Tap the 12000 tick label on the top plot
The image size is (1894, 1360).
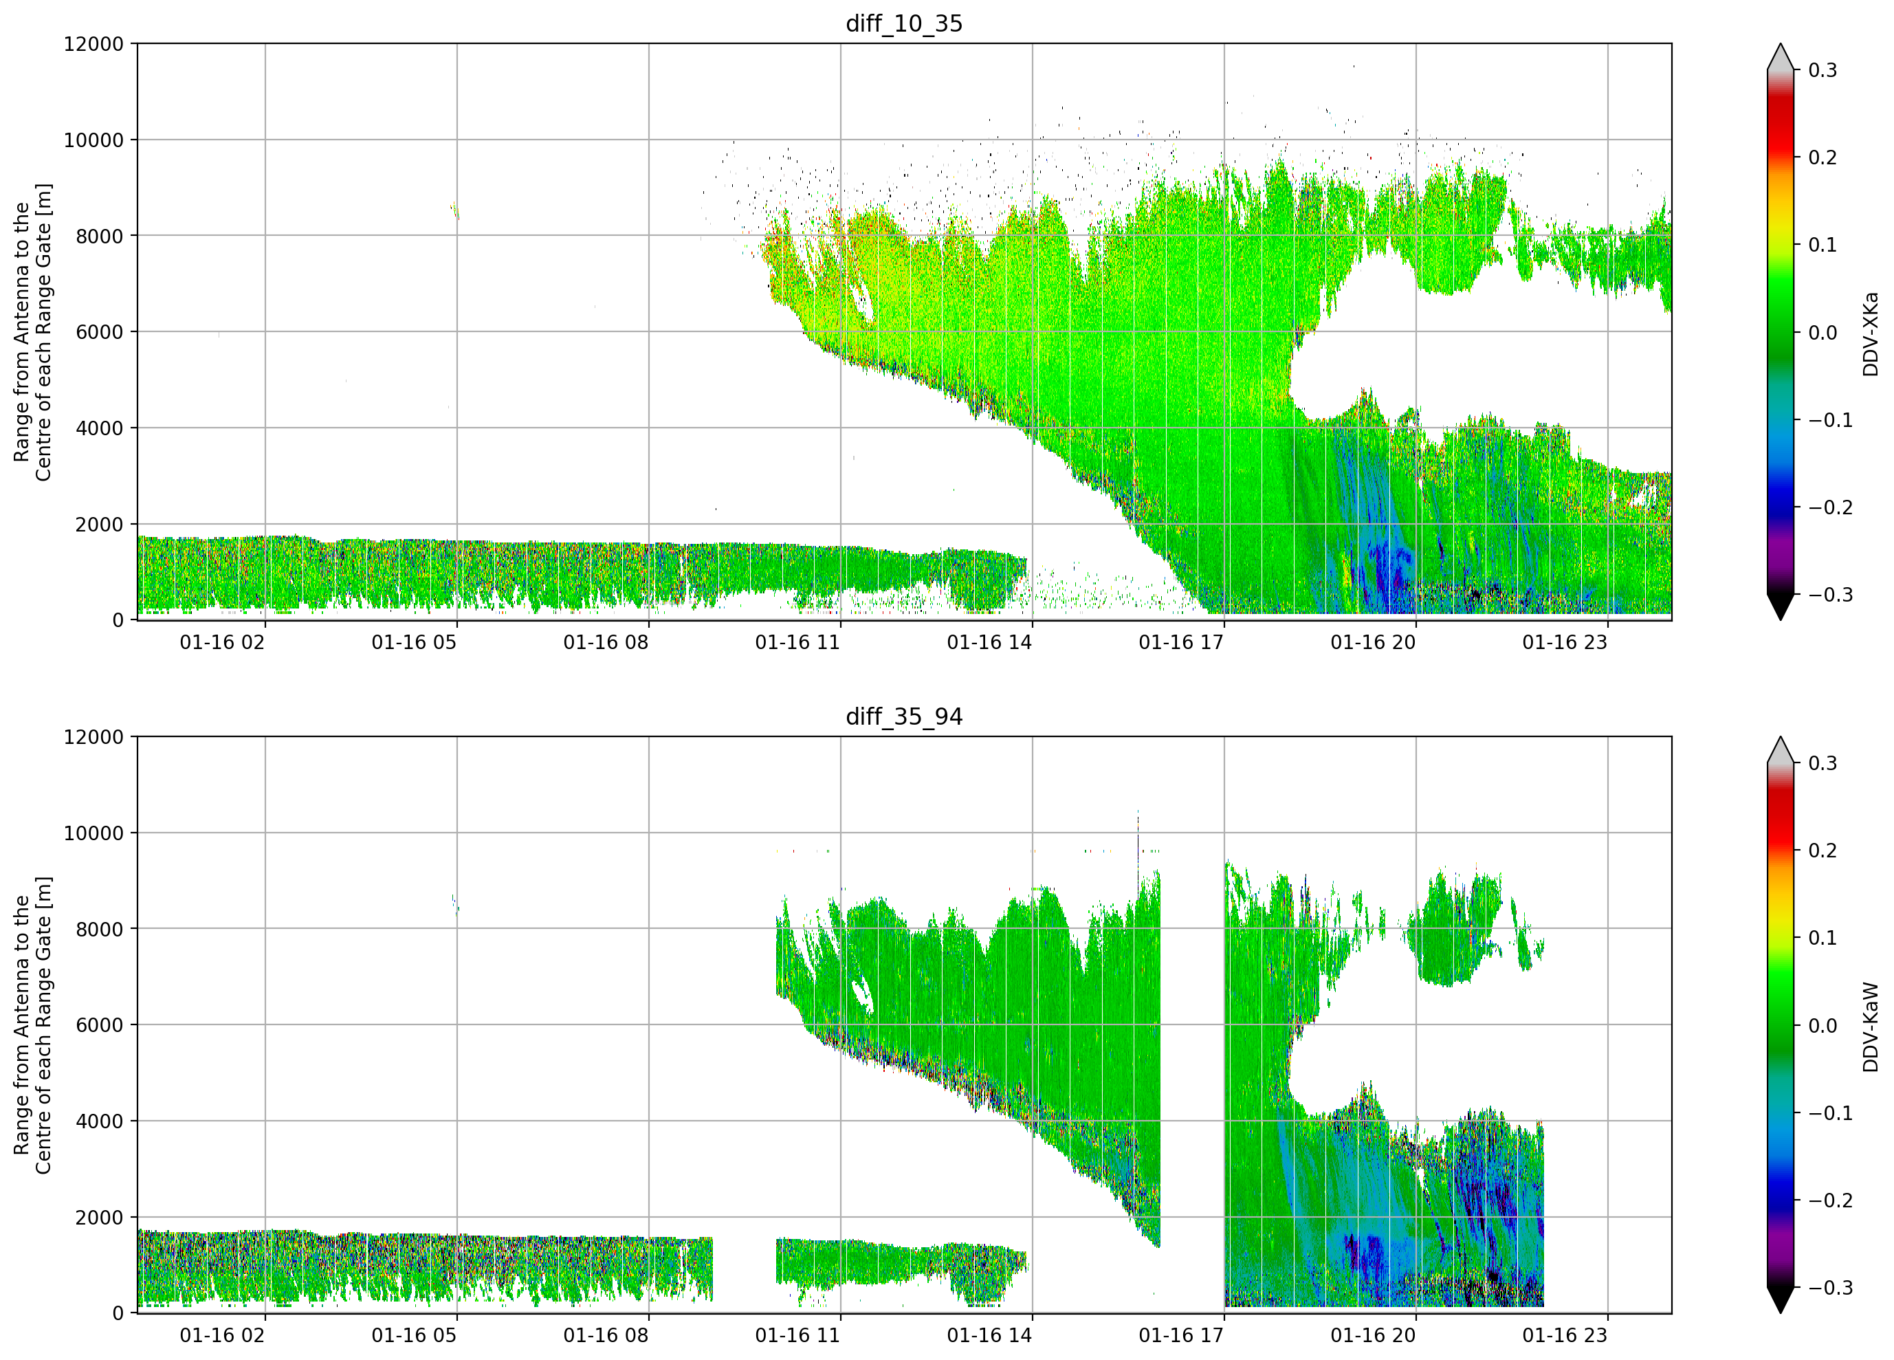(x=93, y=43)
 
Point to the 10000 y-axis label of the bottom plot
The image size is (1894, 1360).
(x=93, y=833)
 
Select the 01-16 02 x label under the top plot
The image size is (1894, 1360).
(x=222, y=642)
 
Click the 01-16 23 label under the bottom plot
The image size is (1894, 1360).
(x=1565, y=1336)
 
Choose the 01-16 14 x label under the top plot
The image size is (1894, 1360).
(x=989, y=642)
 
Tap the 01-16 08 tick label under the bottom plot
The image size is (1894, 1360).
(x=606, y=1336)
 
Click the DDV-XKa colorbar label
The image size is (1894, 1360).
(x=1870, y=334)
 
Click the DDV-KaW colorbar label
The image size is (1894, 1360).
(x=1870, y=1027)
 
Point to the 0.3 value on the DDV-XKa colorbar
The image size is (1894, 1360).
(x=1823, y=70)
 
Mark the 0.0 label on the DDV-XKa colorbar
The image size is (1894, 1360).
(x=1823, y=333)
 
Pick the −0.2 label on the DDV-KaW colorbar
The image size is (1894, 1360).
(x=1831, y=1200)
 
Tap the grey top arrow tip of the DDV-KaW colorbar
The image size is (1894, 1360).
(x=1781, y=738)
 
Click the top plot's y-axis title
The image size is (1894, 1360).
(x=32, y=333)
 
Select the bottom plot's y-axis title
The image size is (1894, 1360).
(x=32, y=1025)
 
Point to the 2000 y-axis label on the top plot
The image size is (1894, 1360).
(x=100, y=525)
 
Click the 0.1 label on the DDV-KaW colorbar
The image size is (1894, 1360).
(x=1823, y=938)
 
